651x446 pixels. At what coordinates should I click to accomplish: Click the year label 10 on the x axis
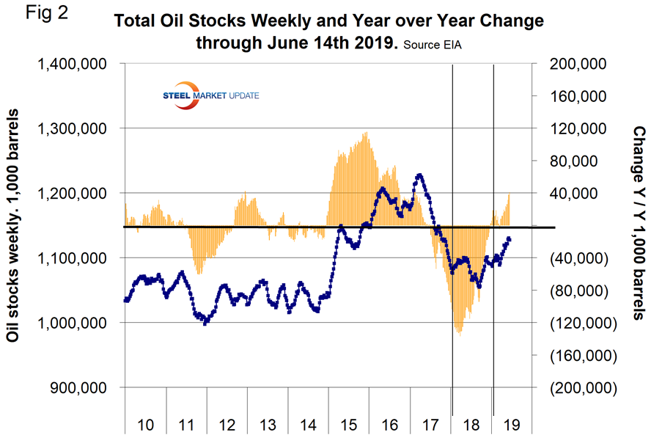[x=146, y=426]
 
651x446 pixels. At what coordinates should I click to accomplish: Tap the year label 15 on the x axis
[x=348, y=426]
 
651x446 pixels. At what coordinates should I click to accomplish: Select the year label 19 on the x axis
[x=512, y=426]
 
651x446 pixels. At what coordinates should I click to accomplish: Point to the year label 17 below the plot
[x=430, y=426]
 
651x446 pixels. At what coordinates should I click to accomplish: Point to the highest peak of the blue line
[x=419, y=175]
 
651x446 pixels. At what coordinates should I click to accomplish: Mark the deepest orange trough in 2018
[x=460, y=332]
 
